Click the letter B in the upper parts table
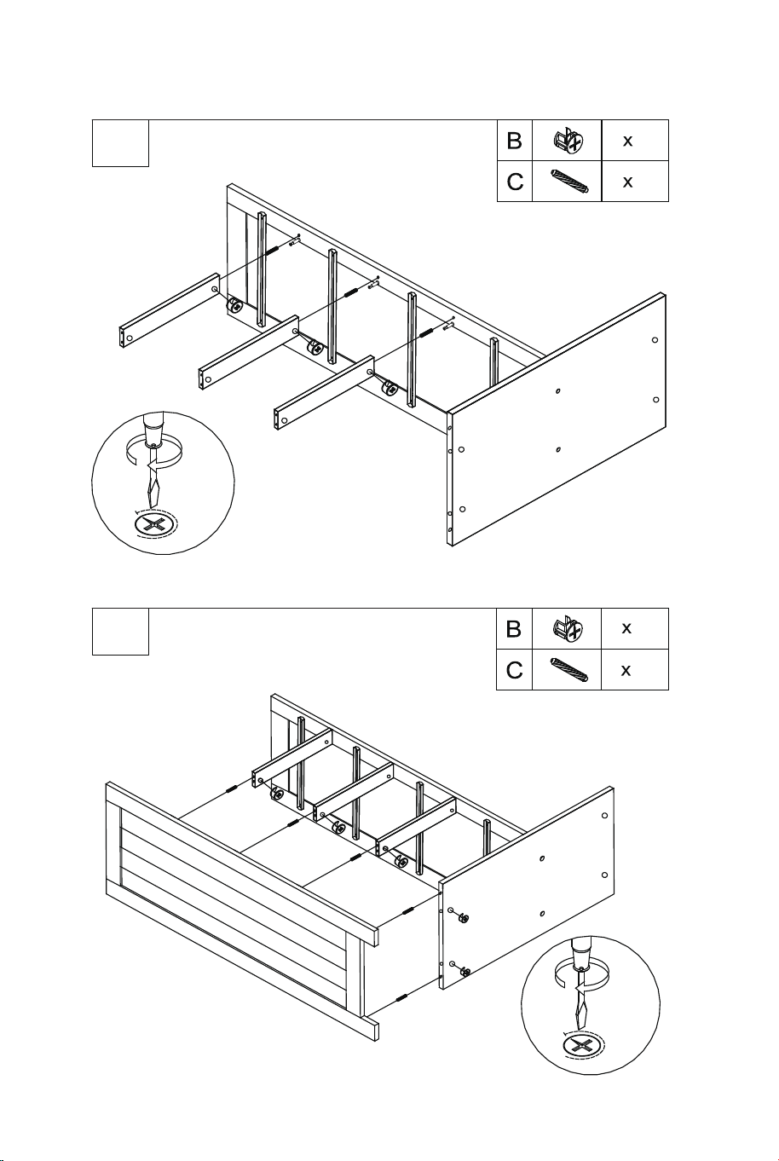514,141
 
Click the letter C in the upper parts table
515,182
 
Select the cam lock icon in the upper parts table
568,139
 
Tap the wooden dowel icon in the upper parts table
568,182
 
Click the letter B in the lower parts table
513,629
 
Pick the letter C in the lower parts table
514,670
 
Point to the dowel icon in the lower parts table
568,670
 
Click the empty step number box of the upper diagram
121,143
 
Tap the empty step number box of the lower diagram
121,632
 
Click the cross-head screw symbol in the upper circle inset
154,525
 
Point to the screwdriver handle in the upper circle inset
153,429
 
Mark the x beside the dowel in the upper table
627,182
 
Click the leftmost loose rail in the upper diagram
170,310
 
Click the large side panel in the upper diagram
557,420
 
